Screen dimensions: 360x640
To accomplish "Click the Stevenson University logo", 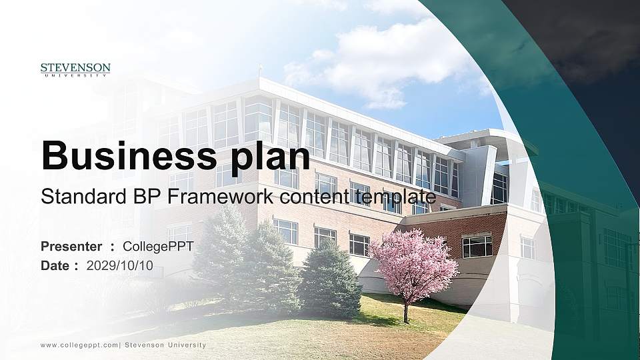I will tap(75, 69).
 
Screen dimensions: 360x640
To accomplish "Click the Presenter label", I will tap(71, 247).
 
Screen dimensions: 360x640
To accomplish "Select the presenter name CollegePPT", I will tap(159, 247).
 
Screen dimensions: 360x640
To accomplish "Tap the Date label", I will tap(55, 265).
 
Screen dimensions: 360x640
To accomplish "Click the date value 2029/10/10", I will tap(120, 265).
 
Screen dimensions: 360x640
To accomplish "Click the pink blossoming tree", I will tap(414, 263).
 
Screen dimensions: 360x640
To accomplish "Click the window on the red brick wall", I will tap(477, 246).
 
